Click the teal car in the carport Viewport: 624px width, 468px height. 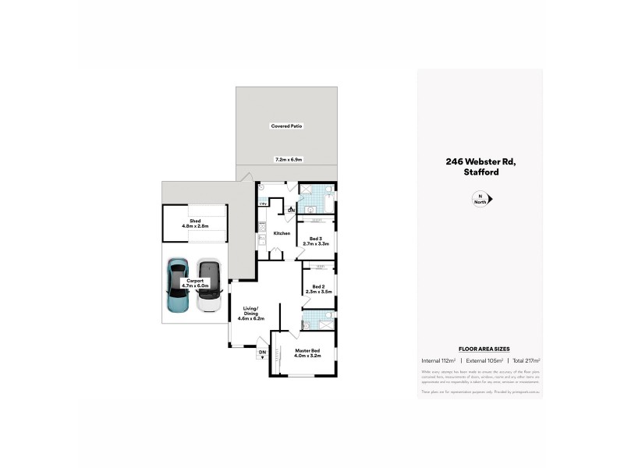tap(177, 286)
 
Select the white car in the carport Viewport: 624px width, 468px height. tap(208, 286)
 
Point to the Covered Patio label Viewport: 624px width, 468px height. tap(286, 126)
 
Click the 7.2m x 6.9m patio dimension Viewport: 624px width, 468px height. tap(288, 160)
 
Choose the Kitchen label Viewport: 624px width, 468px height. tap(282, 233)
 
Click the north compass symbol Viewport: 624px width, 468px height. tap(480, 200)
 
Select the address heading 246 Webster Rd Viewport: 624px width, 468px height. tap(480, 161)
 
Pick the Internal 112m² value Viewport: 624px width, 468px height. tap(438, 361)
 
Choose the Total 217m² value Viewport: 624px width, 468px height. tap(524, 361)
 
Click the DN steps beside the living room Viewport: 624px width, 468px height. tap(262, 353)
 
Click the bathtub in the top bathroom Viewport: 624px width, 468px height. tap(330, 201)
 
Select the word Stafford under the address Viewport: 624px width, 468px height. tap(480, 172)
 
